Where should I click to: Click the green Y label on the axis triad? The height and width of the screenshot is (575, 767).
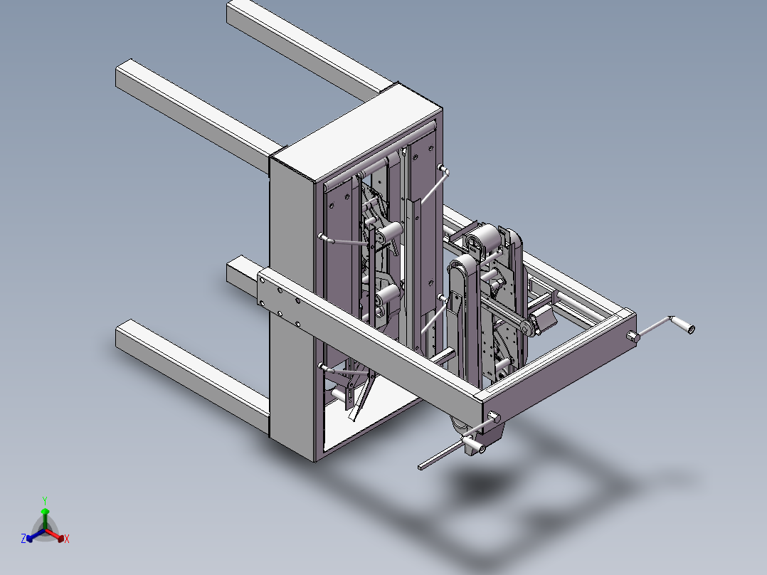(44, 500)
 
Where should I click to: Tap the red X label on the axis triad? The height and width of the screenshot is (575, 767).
(66, 539)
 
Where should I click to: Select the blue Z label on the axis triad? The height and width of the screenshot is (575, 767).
(23, 539)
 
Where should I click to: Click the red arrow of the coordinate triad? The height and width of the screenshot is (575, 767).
(58, 536)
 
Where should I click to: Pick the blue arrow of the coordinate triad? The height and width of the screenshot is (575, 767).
(32, 536)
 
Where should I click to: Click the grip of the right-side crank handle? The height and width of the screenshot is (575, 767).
(688, 328)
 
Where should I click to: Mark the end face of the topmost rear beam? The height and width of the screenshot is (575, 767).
(237, 14)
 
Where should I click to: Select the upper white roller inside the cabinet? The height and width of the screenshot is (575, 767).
(388, 233)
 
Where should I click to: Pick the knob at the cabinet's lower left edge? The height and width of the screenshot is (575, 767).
(323, 367)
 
